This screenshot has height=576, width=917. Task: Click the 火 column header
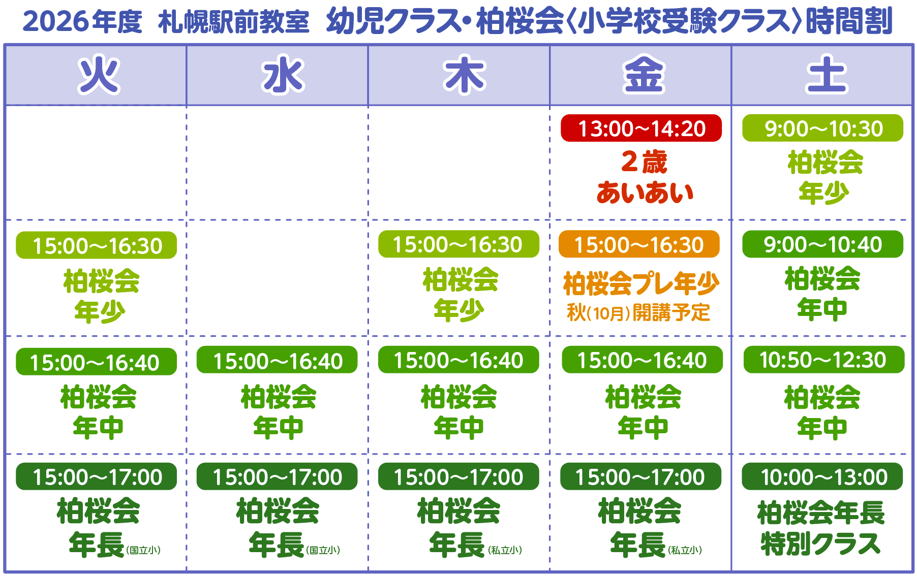99,75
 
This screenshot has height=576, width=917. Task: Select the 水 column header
283,75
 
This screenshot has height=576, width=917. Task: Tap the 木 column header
465,75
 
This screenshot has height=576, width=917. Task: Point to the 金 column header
644,75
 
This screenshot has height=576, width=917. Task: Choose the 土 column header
827,75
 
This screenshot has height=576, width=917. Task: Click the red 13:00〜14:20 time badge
641,128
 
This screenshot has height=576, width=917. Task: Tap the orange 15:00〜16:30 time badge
639,244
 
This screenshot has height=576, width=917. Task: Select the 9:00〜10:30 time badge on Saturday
822,128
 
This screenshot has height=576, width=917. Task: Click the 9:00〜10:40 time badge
822,244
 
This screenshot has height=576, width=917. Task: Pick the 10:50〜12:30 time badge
824,360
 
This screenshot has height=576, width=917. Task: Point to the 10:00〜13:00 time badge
822,476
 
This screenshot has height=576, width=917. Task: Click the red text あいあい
645,193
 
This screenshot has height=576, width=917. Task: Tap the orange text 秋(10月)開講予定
638,312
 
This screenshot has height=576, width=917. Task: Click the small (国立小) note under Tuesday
143,550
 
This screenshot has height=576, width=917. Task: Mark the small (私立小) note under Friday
685,550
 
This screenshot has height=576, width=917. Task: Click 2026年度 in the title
83,22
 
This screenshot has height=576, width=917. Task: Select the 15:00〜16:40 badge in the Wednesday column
277,360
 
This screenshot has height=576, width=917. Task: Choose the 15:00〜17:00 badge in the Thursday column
458,476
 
